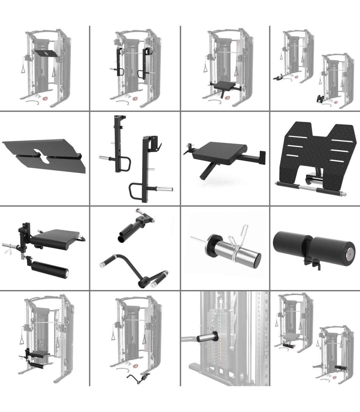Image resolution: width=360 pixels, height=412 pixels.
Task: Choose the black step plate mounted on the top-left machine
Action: [x=45, y=53]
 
